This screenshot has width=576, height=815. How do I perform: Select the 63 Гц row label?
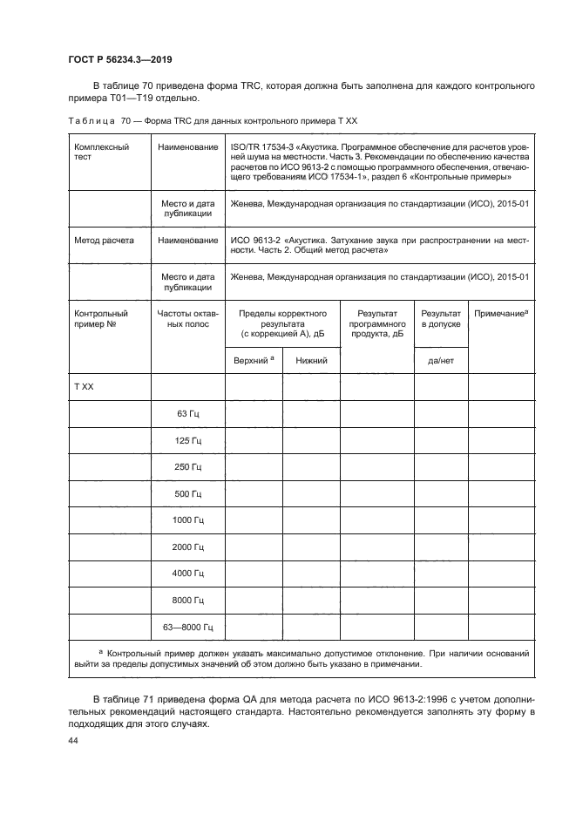(x=188, y=413)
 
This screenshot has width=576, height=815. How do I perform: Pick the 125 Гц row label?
(x=188, y=440)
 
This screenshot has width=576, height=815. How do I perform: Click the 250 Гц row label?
(x=188, y=467)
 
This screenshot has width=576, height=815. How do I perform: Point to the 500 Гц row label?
(x=188, y=493)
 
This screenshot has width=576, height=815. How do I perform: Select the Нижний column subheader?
(x=311, y=360)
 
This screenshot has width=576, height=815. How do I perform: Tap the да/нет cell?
(x=441, y=360)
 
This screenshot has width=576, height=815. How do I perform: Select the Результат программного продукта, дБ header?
(x=376, y=323)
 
